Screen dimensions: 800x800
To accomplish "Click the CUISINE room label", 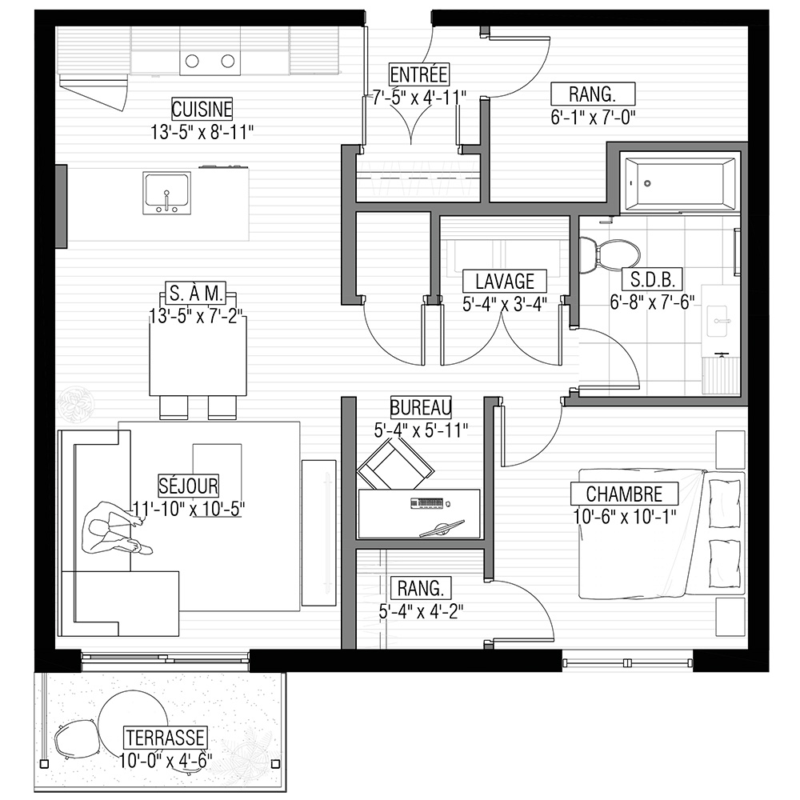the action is (202, 109).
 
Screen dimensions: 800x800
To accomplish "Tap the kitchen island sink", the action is (167, 193).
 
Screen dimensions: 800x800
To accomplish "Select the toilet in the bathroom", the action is (610, 254).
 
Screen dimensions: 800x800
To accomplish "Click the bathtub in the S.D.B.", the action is (680, 183).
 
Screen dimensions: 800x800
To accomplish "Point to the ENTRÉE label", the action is (419, 74).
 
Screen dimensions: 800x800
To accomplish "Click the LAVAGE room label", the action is (505, 281).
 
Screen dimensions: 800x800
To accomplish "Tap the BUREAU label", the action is (421, 407).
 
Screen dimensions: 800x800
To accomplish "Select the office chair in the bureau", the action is (395, 464).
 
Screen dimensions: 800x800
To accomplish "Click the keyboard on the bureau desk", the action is (426, 503).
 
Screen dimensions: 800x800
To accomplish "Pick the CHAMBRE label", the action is (624, 494).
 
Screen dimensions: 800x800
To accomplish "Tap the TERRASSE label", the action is (166, 738).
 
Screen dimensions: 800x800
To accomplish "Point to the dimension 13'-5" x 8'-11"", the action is (202, 132).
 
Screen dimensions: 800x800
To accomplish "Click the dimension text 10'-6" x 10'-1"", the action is (625, 517).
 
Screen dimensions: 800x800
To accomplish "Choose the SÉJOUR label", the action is (188, 486).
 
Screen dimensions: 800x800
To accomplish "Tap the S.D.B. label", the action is (653, 279).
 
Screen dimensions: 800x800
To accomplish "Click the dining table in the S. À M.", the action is (198, 356).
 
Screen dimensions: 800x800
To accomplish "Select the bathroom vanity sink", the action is (722, 321).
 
